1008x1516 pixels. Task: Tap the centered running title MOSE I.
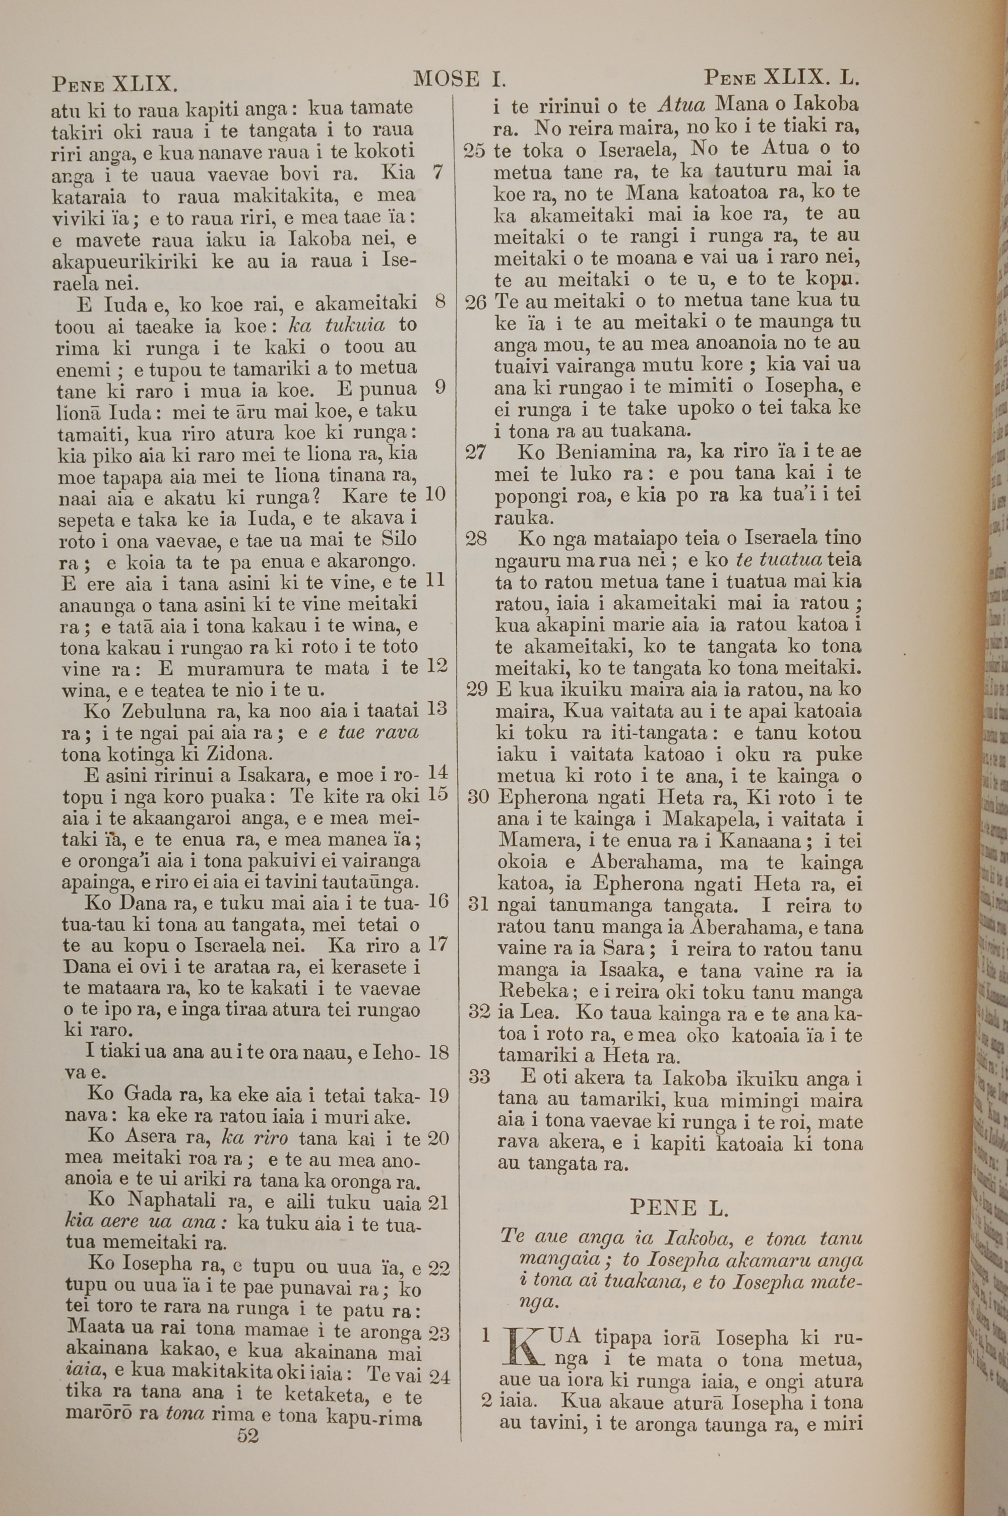pyautogui.click(x=460, y=79)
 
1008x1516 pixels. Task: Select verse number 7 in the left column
pyautogui.click(x=438, y=172)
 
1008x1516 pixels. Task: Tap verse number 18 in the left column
pyautogui.click(x=438, y=1052)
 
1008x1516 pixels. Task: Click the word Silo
pyautogui.click(x=399, y=539)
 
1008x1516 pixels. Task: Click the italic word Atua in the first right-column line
pyautogui.click(x=682, y=105)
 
